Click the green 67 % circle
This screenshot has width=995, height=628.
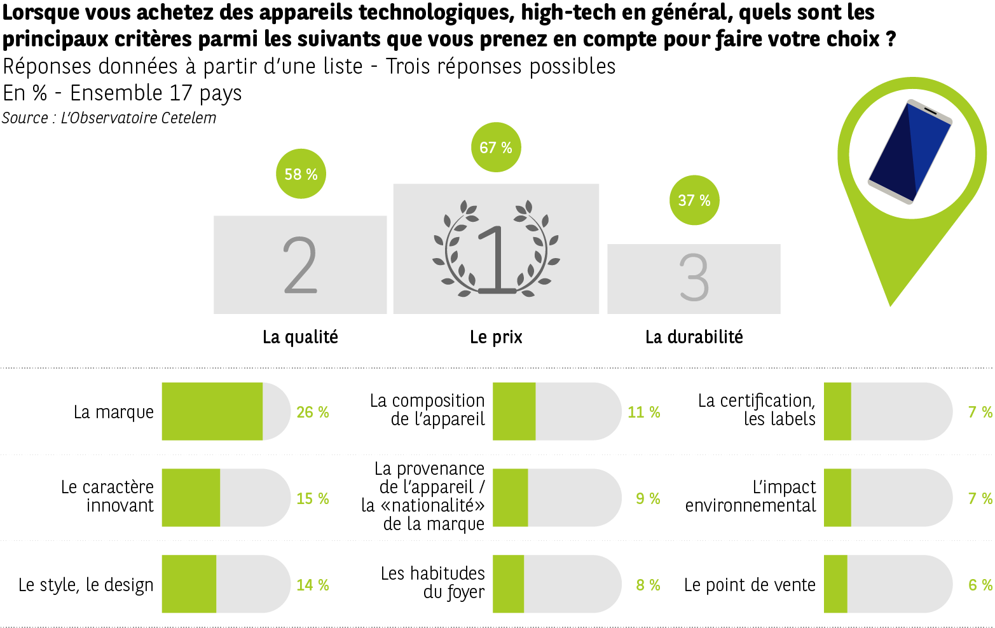pos(496,147)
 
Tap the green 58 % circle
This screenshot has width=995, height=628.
pos(301,174)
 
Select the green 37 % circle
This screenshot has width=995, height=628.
pos(694,200)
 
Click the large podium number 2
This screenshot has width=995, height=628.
pos(300,265)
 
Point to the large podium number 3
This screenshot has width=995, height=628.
pos(694,278)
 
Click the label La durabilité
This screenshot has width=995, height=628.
pos(694,337)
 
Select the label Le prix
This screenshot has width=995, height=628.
pos(496,337)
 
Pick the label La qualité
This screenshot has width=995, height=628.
pos(300,337)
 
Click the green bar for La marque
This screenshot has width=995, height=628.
pos(212,411)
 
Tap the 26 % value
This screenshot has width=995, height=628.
pos(312,413)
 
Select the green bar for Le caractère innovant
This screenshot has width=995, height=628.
pos(191,498)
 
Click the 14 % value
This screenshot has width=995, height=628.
pos(312,585)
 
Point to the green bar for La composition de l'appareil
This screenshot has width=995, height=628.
pos(514,411)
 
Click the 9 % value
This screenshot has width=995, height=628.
pos(648,499)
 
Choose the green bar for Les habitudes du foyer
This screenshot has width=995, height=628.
pos(508,584)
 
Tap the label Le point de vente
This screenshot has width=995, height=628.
pos(750,585)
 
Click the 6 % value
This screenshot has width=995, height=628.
pos(980,585)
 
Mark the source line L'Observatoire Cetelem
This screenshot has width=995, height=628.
pos(109,118)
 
